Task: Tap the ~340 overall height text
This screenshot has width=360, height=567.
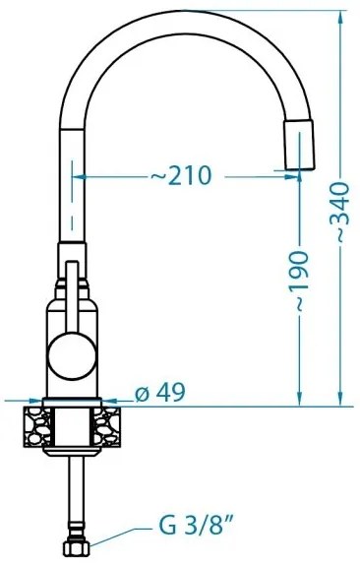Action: (x=339, y=218)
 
